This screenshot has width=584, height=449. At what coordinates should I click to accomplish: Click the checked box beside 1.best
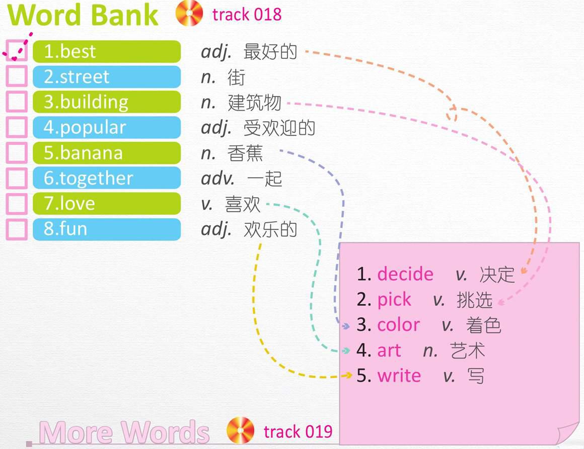coord(17,51)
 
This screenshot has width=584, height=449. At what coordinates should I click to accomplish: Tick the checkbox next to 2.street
coord(17,76)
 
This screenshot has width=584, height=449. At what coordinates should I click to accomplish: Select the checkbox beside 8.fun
coord(17,229)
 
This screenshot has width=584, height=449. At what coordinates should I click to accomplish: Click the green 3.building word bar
coord(107,102)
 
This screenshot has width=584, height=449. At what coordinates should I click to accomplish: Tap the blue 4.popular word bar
coord(107,127)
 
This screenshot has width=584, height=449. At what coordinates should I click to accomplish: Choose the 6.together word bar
coord(107,178)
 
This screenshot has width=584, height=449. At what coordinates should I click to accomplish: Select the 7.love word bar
coord(107,204)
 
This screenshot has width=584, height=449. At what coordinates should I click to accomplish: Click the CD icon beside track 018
coord(189,13)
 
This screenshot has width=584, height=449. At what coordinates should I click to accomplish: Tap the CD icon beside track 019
coord(240,430)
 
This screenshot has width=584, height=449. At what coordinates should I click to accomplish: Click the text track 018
coord(247,15)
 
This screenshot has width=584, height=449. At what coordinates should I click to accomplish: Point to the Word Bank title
coord(83,15)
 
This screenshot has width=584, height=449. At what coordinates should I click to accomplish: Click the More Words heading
coord(124,432)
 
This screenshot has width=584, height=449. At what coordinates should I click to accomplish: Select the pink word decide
coord(405,274)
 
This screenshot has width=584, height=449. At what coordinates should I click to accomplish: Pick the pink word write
coord(399,376)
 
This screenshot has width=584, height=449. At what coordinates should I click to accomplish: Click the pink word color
coord(398,325)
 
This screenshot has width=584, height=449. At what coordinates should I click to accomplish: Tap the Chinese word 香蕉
coord(245,153)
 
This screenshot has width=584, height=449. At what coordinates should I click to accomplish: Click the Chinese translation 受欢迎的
coord(279,128)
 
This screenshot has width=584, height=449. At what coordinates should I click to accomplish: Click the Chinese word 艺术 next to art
coord(467,350)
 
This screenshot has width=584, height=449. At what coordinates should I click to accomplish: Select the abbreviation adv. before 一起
coord(218,178)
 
